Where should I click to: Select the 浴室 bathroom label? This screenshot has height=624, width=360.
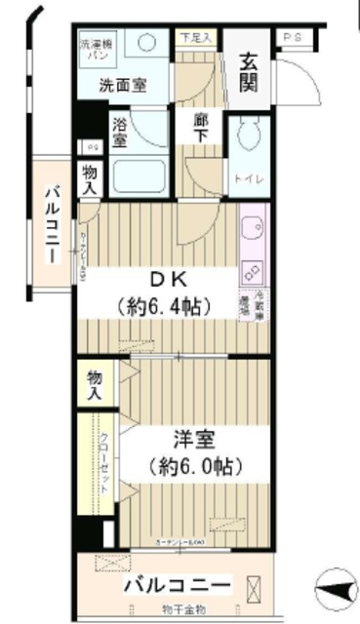point(120,132)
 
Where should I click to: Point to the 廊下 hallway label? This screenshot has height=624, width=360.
point(200,130)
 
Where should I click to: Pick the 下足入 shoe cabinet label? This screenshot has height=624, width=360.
point(197,38)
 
